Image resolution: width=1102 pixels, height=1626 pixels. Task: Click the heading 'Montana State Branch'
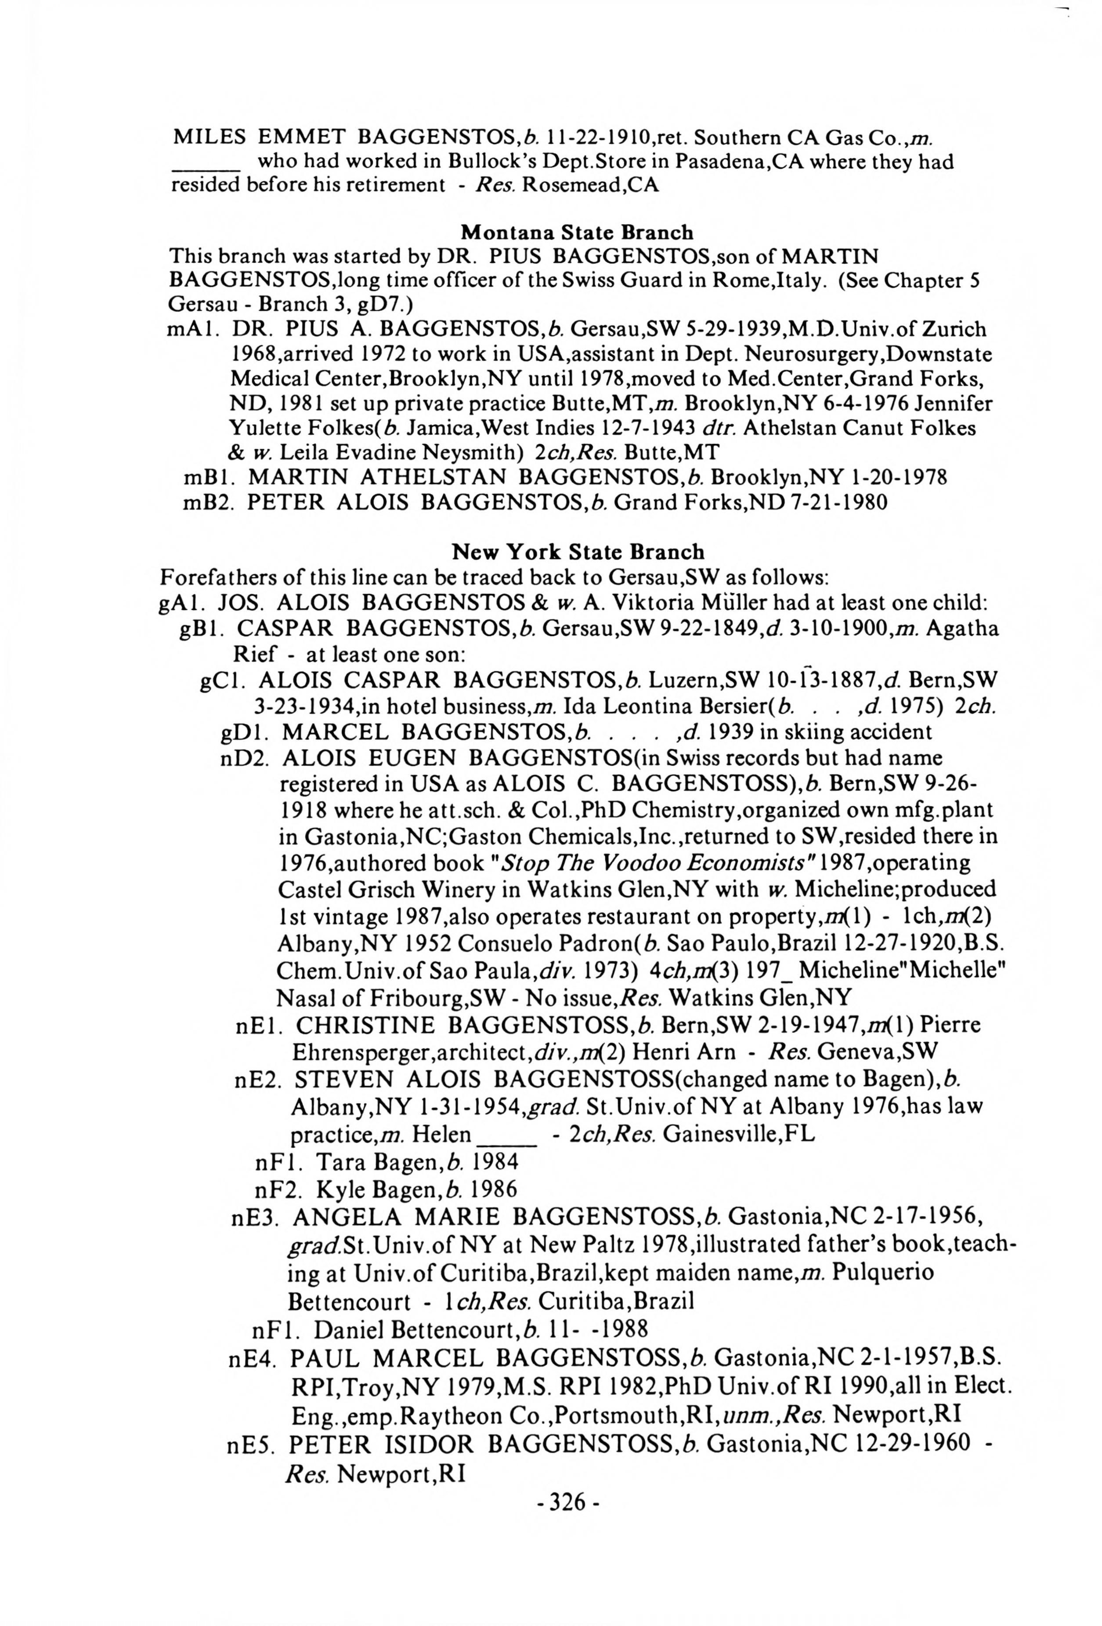577,232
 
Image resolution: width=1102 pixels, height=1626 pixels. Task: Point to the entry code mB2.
207,502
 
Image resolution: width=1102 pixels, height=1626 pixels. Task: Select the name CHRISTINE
365,1025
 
